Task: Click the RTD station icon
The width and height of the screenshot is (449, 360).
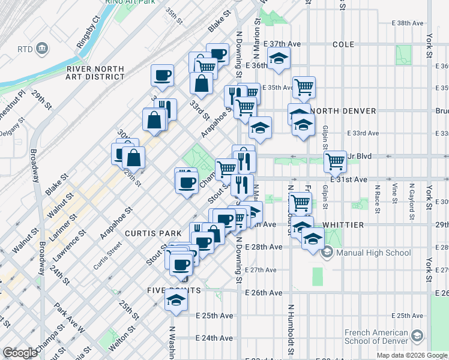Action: (x=42, y=48)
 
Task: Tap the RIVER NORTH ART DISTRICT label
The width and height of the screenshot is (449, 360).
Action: (x=95, y=73)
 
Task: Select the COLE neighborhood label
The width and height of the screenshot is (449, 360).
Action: (x=343, y=44)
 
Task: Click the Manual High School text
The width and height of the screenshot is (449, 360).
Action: (x=373, y=253)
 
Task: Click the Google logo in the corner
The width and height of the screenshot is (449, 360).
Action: (x=20, y=353)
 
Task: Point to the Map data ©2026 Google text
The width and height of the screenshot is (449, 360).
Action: (x=412, y=355)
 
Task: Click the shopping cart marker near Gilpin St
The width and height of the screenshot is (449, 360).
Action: (x=335, y=160)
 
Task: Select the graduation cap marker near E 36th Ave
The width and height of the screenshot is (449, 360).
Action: (x=279, y=59)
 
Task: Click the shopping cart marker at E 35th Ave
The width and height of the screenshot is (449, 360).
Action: (x=304, y=86)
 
